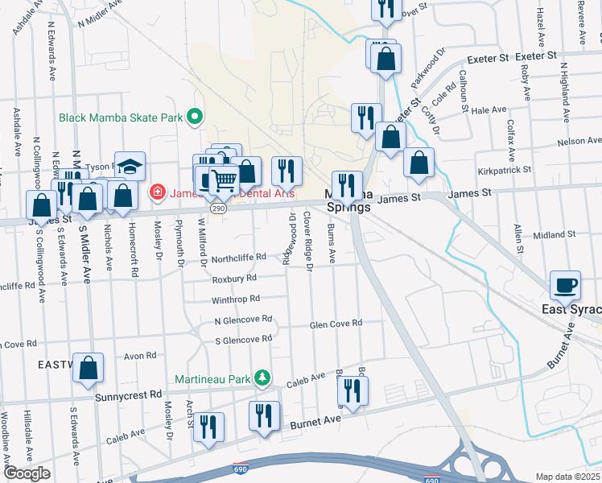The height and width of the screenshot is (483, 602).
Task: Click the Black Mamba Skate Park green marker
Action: [194, 118]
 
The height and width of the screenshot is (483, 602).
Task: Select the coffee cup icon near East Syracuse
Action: [565, 284]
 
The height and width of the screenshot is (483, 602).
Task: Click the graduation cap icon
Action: [130, 167]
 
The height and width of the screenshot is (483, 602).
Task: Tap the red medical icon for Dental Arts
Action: [157, 192]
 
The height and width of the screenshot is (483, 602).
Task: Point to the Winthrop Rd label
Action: [236, 299]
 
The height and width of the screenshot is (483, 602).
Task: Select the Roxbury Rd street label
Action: [234, 279]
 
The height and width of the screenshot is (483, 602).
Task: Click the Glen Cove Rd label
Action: [336, 324]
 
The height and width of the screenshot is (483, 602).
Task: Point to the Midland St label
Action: [555, 235]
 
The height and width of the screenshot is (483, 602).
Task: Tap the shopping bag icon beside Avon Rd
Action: [89, 367]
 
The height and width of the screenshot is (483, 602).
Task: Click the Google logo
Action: [27, 473]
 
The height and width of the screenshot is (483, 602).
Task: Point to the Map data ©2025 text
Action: [567, 477]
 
